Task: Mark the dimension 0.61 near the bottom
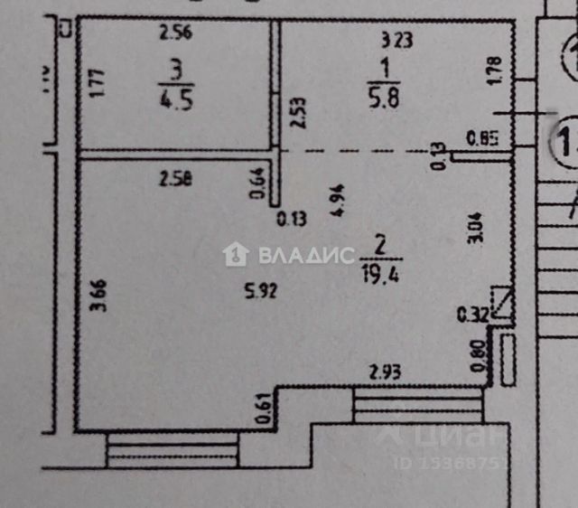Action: tap(262, 409)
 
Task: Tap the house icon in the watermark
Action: tap(236, 254)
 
